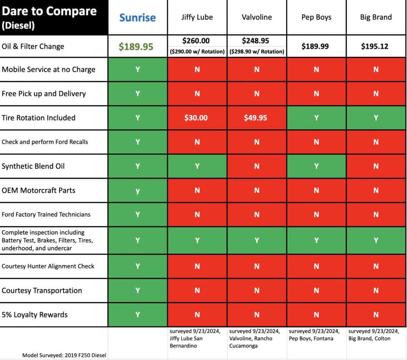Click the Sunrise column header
click(138, 18)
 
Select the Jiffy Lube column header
click(197, 17)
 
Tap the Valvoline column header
click(257, 17)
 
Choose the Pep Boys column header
click(316, 17)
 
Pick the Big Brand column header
click(376, 17)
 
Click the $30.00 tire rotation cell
click(197, 118)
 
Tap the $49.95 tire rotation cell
click(257, 118)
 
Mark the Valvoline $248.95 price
click(257, 41)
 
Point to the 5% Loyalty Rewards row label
click(35, 315)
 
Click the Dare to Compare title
click(49, 11)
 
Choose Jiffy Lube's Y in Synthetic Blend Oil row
click(197, 166)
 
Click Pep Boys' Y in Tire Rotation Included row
click(316, 118)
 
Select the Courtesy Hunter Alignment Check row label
click(48, 266)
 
